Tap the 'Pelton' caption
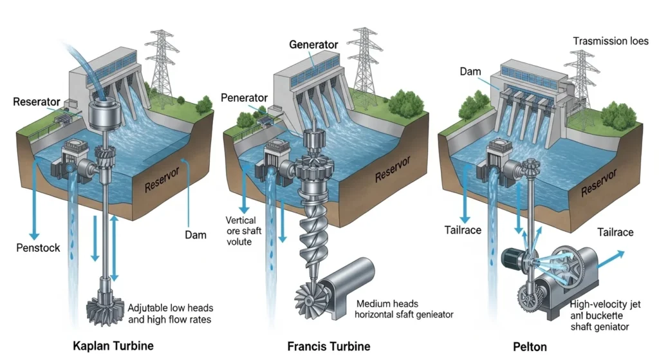[x=530, y=346]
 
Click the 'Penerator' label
[x=244, y=98]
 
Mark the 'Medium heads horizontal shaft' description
[x=404, y=308]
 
